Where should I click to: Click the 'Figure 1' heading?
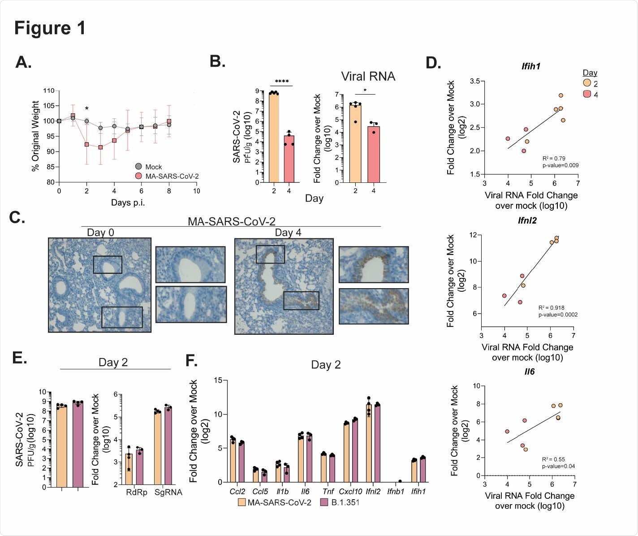(50, 28)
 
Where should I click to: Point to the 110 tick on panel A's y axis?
(48, 91)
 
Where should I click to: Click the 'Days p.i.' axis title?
(128, 203)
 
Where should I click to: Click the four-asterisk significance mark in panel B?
(281, 82)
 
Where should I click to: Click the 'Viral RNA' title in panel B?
(368, 76)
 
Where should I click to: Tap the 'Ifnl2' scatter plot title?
(527, 220)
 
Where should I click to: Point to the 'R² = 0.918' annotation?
(551, 308)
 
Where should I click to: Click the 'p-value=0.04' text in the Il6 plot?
(558, 466)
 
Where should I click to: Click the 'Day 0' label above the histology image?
(100, 232)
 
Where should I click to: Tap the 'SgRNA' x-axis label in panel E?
(168, 492)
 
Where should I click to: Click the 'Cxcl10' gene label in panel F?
(348, 492)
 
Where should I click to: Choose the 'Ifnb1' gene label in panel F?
(396, 492)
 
